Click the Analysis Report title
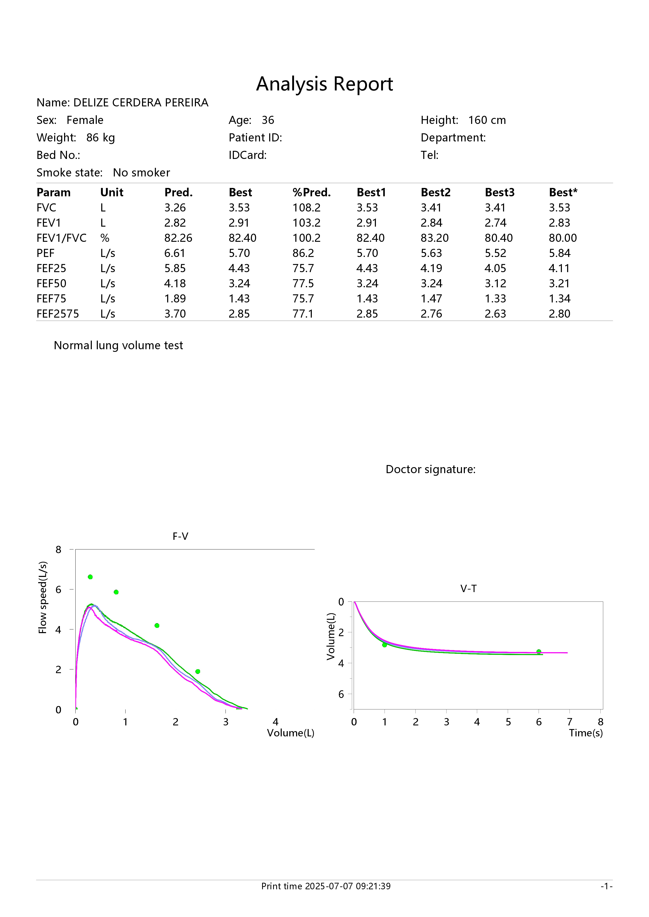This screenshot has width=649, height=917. (x=324, y=84)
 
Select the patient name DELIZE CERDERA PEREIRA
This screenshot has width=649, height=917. (x=141, y=103)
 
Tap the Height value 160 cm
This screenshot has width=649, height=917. (x=487, y=120)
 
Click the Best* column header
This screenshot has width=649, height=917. (x=563, y=192)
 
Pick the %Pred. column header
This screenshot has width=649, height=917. (x=312, y=192)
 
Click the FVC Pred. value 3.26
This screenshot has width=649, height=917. (x=175, y=208)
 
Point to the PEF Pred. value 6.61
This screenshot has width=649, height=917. (x=175, y=253)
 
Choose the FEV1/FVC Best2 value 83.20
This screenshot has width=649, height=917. (x=435, y=238)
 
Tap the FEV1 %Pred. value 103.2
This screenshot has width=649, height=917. (x=307, y=223)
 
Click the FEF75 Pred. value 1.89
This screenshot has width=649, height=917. (x=175, y=299)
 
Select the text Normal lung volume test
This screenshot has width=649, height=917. (x=118, y=346)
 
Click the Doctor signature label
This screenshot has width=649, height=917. (x=430, y=469)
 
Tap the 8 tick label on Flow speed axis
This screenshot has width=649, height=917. (x=58, y=549)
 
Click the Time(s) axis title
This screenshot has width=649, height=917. (x=586, y=733)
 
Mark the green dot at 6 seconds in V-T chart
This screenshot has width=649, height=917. (x=539, y=651)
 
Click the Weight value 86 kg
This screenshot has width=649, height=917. (x=100, y=138)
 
